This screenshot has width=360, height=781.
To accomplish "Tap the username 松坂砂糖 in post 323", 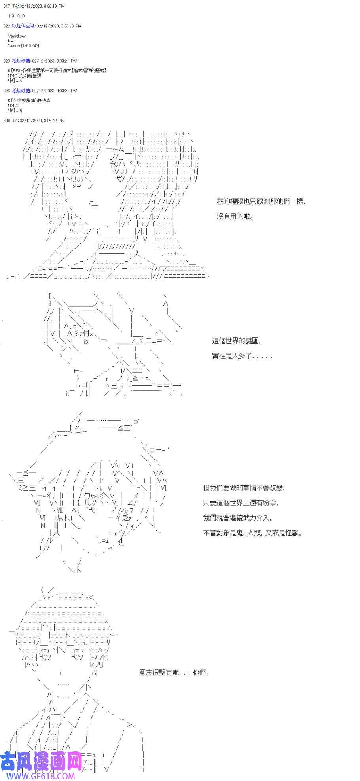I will pyautogui.click(x=21, y=61).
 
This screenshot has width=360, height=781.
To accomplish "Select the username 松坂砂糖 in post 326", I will pyautogui.click(x=21, y=91).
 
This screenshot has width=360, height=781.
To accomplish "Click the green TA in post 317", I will pyautogui.click(x=14, y=6).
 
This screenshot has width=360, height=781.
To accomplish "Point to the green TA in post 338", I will pyautogui.click(x=15, y=121).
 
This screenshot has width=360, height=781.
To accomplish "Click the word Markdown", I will pyautogui.click(x=17, y=36).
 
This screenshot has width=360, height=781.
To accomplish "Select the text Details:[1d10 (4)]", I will pyautogui.click(x=23, y=46).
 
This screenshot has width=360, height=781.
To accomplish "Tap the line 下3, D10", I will pyautogui.click(x=16, y=16).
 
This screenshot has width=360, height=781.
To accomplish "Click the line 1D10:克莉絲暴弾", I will pyautogui.click(x=24, y=76).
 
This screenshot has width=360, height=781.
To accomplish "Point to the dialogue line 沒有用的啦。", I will pyautogui.click(x=235, y=216).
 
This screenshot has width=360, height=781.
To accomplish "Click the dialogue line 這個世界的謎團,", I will pyautogui.click(x=236, y=341).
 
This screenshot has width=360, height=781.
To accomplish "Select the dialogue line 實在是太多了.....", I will pyautogui.click(x=242, y=356).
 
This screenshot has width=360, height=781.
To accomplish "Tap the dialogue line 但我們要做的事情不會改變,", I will pyautogui.click(x=244, y=488).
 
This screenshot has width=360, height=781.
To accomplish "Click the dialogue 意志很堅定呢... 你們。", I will pyautogui.click(x=174, y=673).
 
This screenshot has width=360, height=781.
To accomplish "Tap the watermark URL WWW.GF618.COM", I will pyautogui.click(x=38, y=776).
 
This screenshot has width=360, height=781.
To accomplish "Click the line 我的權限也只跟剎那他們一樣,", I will pyautogui.click(x=261, y=201).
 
